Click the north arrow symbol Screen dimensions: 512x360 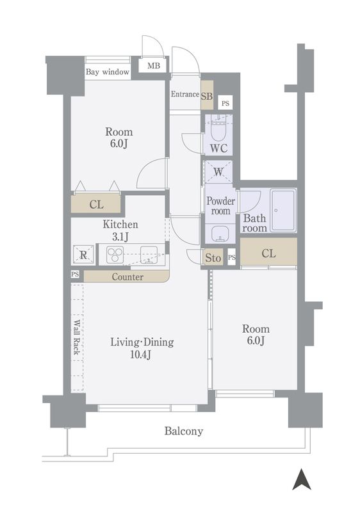point(301,479)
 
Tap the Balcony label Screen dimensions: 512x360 point(184,431)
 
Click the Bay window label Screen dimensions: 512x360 point(108,72)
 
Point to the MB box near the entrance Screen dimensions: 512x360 point(154,66)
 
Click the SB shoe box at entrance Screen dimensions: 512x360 point(207,96)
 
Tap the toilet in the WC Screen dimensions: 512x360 point(218,130)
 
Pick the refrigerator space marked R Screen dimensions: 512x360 point(83,254)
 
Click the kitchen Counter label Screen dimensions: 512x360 point(127,277)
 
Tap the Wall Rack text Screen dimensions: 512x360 point(76,337)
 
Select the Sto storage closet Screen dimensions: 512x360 point(213,258)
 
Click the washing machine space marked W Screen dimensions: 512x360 point(218,172)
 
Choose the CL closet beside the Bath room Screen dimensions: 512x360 point(268,253)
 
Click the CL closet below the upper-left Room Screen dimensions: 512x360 point(96,205)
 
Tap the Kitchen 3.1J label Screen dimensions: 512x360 point(120,230)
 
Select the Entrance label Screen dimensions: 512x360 point(184,94)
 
